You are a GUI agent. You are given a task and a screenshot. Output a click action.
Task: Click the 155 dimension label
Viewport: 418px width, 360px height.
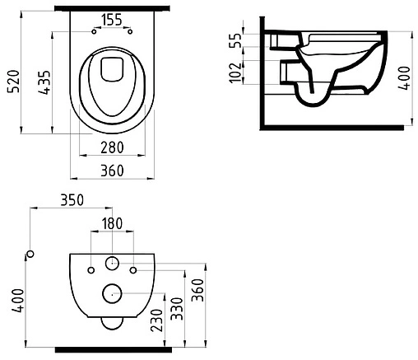click(x=112, y=20)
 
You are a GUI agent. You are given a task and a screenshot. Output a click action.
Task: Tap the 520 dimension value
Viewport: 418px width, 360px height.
click(x=14, y=82)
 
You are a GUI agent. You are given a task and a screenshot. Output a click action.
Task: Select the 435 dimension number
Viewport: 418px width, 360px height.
click(x=44, y=82)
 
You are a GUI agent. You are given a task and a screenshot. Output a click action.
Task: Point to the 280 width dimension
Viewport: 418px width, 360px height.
click(x=112, y=147)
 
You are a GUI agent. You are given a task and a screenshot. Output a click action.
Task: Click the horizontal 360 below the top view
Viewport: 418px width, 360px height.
click(x=112, y=171)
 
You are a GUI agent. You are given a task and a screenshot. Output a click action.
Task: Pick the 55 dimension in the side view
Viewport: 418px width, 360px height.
click(x=235, y=40)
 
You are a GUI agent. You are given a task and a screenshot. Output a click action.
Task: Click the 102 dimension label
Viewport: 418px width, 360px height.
click(x=235, y=72)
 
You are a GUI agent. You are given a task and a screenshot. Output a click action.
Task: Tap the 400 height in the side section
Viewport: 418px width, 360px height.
click(x=405, y=77)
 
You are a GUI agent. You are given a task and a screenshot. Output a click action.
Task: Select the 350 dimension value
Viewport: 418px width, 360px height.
click(x=72, y=200)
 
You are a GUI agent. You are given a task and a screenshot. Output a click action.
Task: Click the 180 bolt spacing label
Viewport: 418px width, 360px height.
click(x=112, y=223)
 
